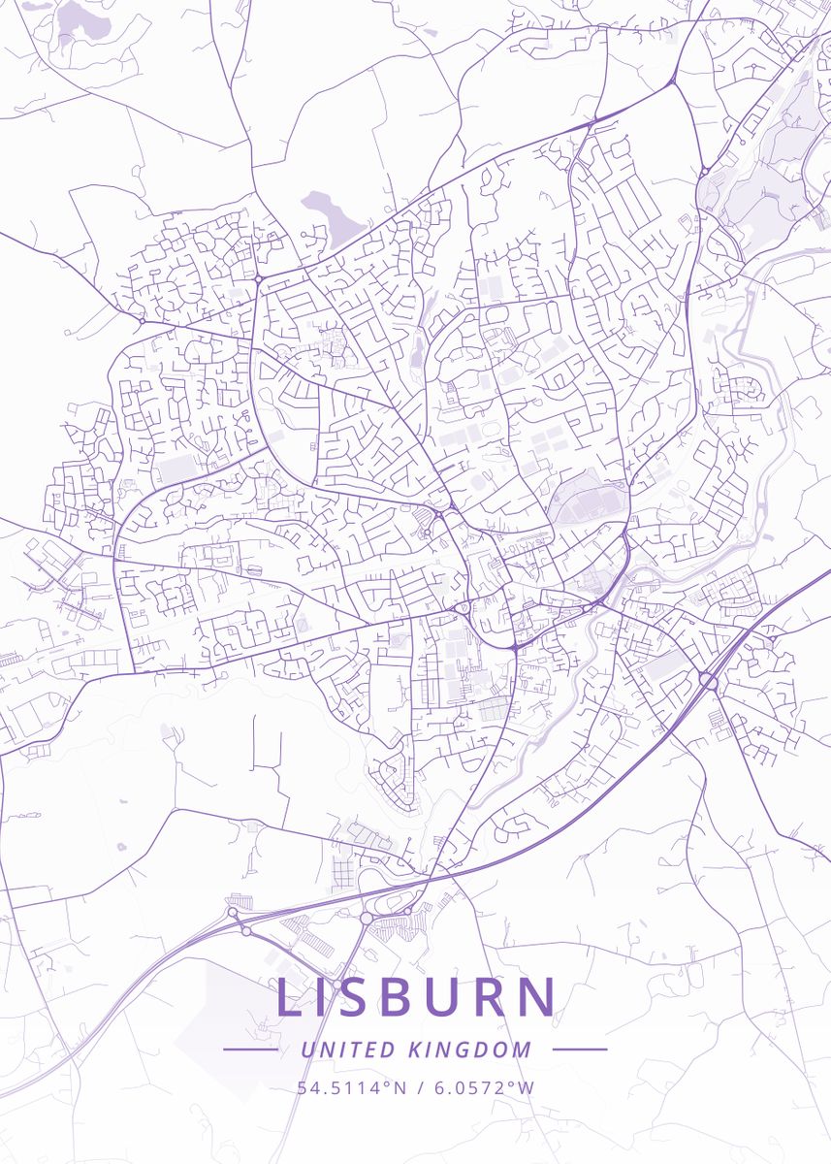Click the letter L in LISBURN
click(x=289, y=998)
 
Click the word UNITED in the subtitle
click(x=348, y=1050)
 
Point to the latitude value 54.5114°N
click(x=352, y=1087)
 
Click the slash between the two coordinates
click(x=419, y=1087)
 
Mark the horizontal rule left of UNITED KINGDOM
click(x=251, y=1050)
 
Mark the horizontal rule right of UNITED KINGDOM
click(x=580, y=1050)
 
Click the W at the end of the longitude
click(x=526, y=1087)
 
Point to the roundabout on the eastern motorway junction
click(x=710, y=682)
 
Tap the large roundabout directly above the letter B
click(x=367, y=918)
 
